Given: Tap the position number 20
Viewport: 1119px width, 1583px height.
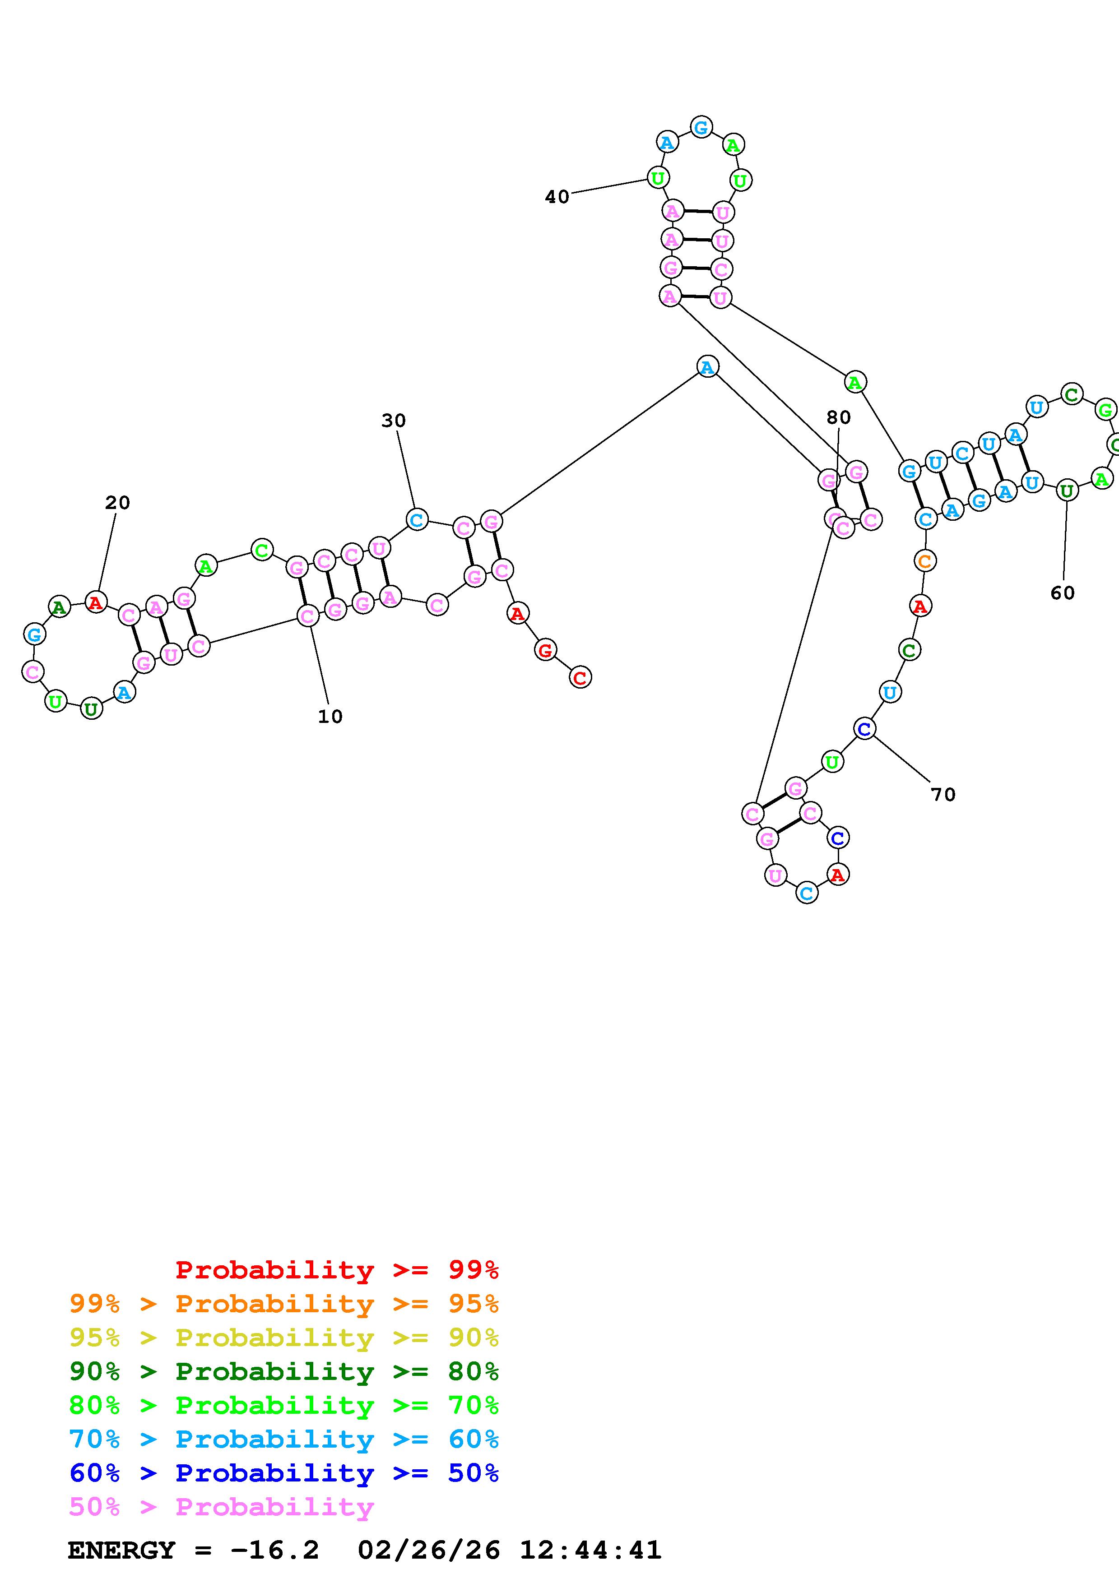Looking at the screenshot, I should pyautogui.click(x=117, y=503).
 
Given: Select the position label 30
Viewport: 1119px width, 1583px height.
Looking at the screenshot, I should pyautogui.click(x=394, y=421).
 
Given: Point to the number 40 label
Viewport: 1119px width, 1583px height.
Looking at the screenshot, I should pyautogui.click(x=557, y=197).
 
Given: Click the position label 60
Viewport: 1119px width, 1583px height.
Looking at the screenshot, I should pyautogui.click(x=1063, y=593).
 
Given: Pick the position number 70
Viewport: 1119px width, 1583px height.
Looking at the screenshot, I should pyautogui.click(x=943, y=795).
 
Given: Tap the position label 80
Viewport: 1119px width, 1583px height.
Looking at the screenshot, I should pyautogui.click(x=838, y=417).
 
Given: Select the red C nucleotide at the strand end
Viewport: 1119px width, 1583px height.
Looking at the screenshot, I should pyautogui.click(x=580, y=678).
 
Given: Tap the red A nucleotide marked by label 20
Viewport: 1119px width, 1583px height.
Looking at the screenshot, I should pyautogui.click(x=96, y=602).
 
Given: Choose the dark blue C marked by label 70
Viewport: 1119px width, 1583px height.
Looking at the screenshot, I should pyautogui.click(x=864, y=728).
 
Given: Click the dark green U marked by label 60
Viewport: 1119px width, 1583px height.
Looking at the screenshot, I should pyautogui.click(x=1067, y=491).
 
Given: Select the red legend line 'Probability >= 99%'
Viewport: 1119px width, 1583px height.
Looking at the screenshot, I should pyautogui.click(x=336, y=1269).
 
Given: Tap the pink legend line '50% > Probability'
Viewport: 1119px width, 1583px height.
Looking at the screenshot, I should pyautogui.click(x=221, y=1507).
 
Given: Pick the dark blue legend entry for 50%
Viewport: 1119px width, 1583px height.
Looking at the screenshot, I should pyautogui.click(x=283, y=1473).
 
